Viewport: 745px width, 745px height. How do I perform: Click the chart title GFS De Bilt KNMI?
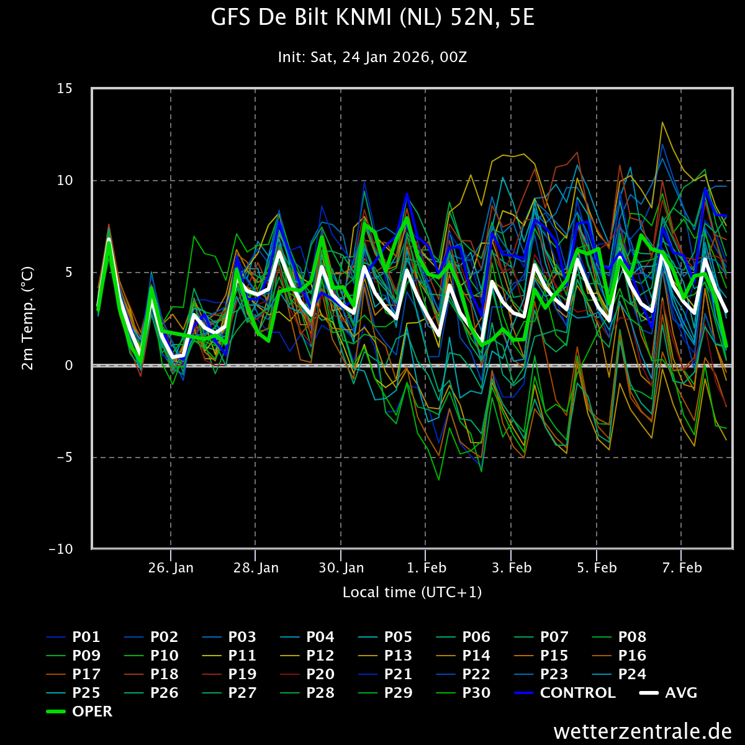(x=372, y=18)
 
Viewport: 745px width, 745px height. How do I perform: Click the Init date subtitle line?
(x=372, y=57)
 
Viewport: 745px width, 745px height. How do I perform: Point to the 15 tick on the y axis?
(x=65, y=89)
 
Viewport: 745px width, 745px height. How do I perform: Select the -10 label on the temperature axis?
(x=61, y=549)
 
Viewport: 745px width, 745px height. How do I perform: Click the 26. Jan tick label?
(x=171, y=567)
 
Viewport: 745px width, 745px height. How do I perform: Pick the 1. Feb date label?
(x=427, y=567)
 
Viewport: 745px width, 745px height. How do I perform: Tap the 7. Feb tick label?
(x=682, y=567)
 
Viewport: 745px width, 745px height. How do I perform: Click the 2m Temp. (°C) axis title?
(x=27, y=318)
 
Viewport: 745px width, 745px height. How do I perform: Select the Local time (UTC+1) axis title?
(x=412, y=592)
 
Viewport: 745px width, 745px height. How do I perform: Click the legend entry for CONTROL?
(x=565, y=693)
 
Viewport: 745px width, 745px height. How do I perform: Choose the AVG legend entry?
(x=669, y=693)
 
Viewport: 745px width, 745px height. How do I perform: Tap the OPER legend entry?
(x=79, y=711)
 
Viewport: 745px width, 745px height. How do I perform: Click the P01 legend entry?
(x=73, y=637)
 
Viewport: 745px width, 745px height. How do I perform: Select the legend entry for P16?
(x=619, y=656)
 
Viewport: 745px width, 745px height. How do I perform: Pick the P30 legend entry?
(x=463, y=693)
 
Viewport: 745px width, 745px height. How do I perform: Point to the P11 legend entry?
(x=229, y=656)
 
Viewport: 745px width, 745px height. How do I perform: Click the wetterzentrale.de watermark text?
(x=643, y=731)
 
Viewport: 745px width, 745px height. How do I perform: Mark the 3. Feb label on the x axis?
(x=512, y=567)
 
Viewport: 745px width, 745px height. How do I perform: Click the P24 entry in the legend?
(x=619, y=674)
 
